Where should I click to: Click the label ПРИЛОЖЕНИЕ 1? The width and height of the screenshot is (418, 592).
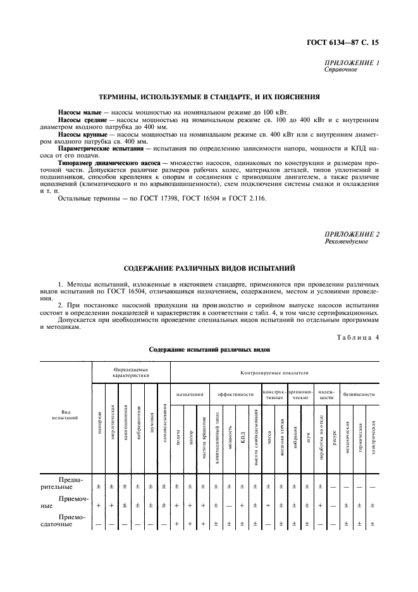pyautogui.click(x=352, y=63)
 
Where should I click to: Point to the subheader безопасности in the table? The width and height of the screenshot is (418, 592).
pyautogui.click(x=359, y=394)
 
